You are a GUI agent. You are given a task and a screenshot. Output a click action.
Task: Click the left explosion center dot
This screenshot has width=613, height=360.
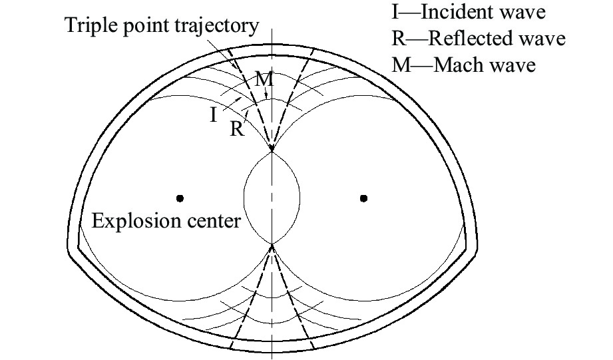click(180, 198)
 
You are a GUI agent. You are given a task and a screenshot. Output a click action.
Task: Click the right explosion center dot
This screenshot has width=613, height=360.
click(363, 198)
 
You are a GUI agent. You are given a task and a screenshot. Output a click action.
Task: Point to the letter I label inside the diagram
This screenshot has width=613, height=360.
click(213, 116)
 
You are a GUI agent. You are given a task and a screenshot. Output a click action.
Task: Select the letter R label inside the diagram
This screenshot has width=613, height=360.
click(236, 129)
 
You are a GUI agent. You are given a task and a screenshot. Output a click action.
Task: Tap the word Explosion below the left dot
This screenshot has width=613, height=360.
click(132, 220)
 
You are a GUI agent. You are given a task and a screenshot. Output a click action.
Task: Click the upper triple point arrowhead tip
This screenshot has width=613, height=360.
click(272, 150)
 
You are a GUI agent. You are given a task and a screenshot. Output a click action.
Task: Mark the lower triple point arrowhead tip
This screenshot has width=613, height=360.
click(272, 246)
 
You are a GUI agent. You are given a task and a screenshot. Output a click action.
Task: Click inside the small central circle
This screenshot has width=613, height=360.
click(272, 198)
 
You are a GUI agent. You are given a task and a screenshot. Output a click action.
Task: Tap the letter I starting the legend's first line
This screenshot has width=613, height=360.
click(397, 12)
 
